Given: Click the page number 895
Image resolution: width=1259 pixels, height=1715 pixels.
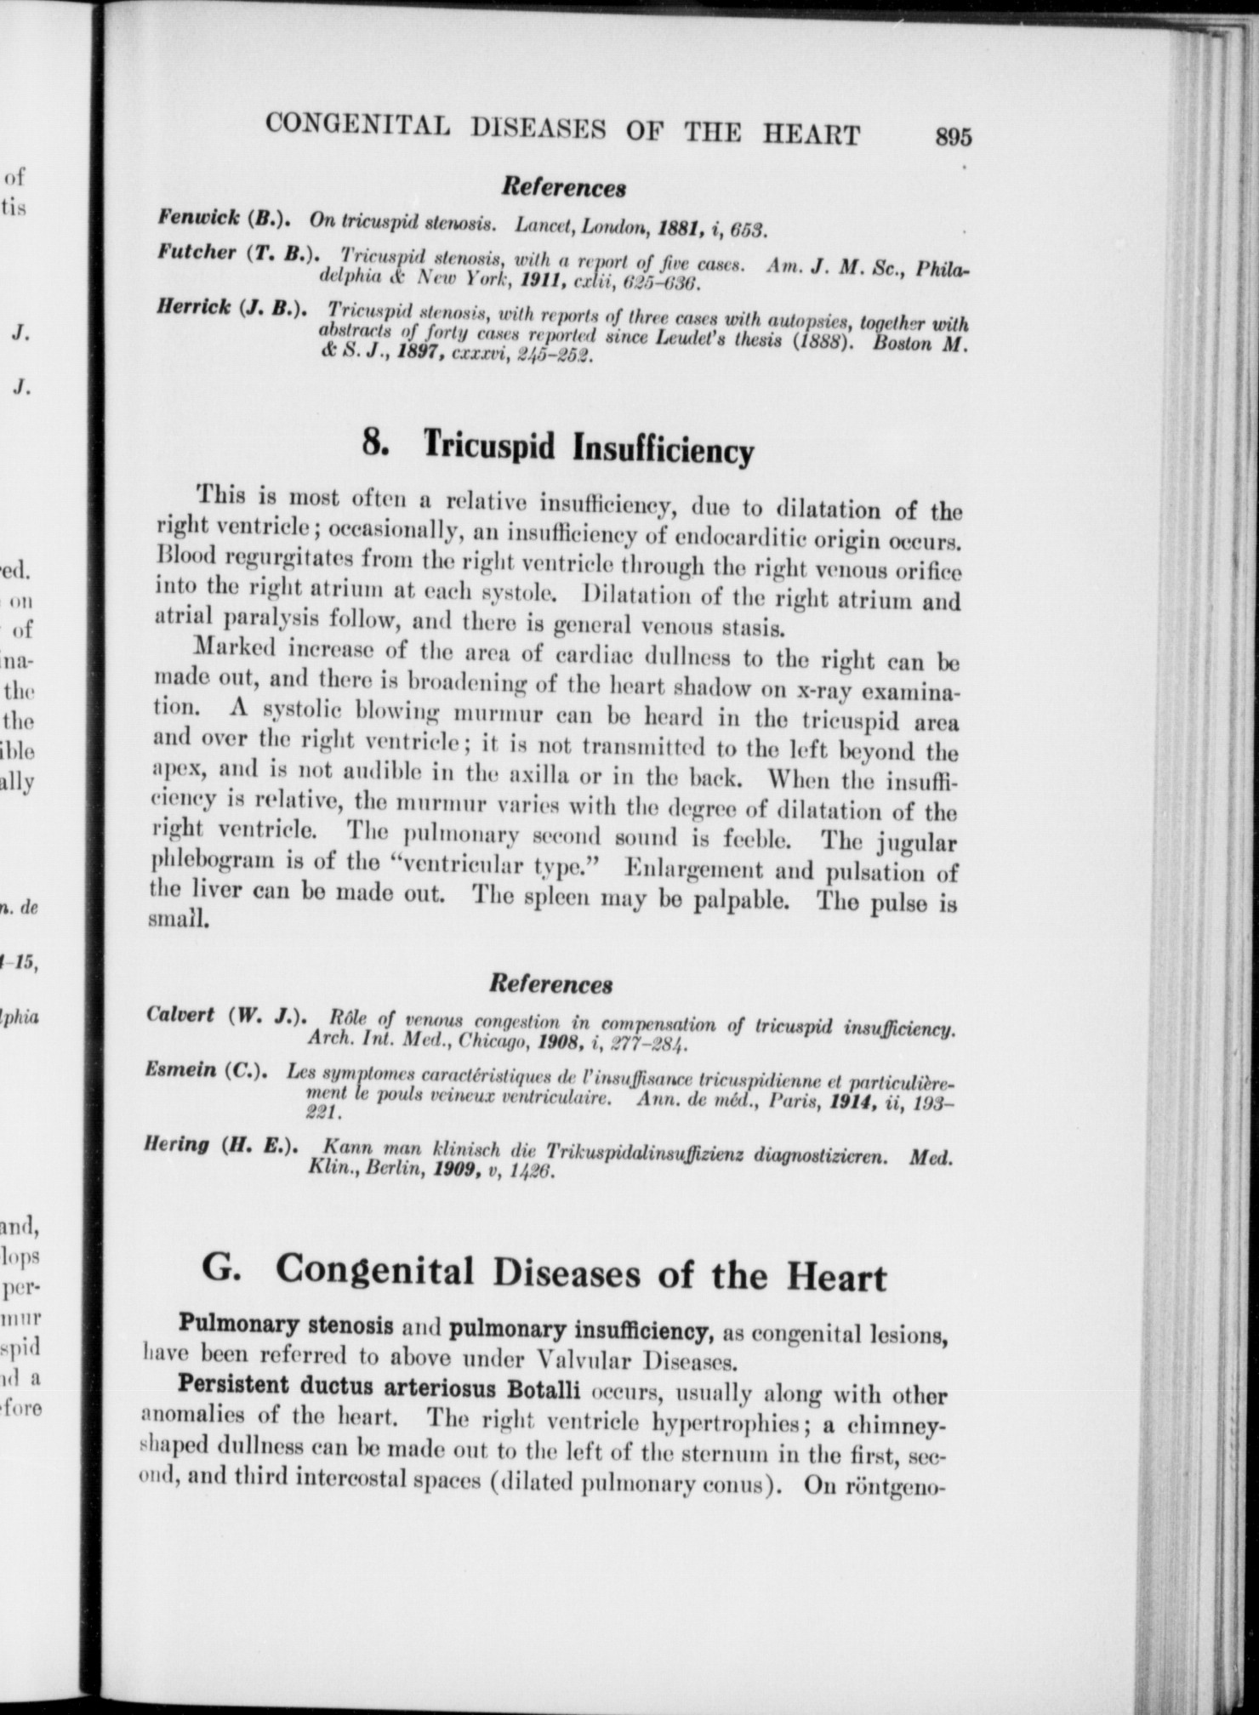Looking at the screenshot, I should coord(952,138).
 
